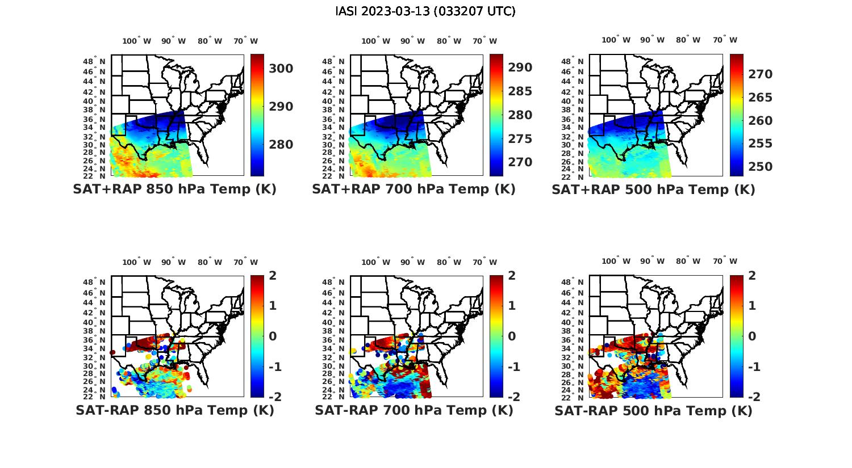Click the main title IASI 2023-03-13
click(x=425, y=11)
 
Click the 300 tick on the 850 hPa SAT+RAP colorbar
click(x=281, y=69)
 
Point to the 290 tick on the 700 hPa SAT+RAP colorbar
click(x=520, y=68)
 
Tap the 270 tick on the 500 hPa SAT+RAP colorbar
click(x=760, y=74)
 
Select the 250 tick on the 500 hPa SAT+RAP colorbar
click(x=760, y=167)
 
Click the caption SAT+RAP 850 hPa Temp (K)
click(x=174, y=189)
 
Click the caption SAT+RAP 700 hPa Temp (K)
click(x=414, y=189)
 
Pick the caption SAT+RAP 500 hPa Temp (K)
click(x=653, y=190)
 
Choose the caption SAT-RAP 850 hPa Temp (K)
click(x=174, y=410)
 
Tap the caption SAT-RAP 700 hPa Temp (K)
click(x=414, y=410)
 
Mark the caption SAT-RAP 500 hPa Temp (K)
click(x=653, y=411)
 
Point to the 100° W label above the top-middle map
click(x=375, y=41)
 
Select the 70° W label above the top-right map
click(x=725, y=40)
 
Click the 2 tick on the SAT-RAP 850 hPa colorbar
click(x=273, y=276)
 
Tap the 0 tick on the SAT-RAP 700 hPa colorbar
click(x=512, y=336)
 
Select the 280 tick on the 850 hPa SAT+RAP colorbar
click(x=281, y=145)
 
